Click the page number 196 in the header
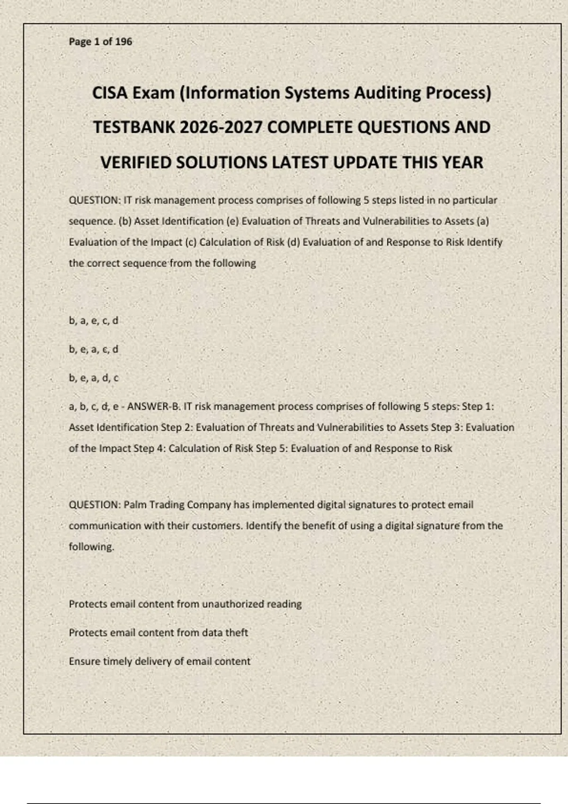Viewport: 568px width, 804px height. (124, 42)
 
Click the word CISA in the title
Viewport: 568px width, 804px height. (110, 93)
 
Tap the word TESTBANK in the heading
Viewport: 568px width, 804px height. (134, 127)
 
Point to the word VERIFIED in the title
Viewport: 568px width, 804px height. (136, 163)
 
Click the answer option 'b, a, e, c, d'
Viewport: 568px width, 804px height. (93, 321)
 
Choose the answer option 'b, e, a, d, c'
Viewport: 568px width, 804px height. (93, 378)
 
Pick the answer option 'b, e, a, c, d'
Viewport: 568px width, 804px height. (93, 350)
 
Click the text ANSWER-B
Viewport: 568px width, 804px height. (154, 406)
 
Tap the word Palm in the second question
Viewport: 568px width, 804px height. (135, 505)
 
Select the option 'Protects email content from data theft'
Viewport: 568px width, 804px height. (158, 632)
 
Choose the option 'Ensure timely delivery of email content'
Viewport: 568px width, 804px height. (160, 661)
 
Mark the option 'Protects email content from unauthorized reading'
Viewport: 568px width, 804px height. (185, 604)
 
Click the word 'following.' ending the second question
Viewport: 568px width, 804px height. (91, 547)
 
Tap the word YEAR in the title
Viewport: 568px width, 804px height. (462, 163)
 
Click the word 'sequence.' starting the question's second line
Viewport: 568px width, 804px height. (92, 221)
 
